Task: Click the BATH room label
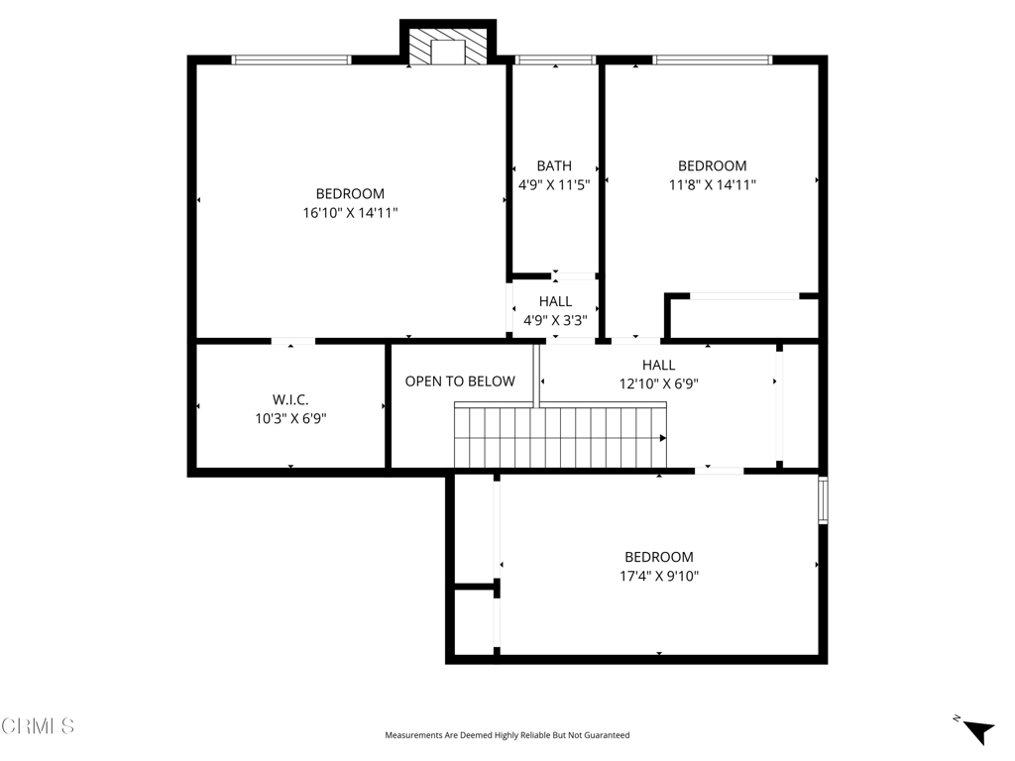(554, 165)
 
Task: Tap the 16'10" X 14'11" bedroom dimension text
(350, 212)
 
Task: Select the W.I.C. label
(290, 399)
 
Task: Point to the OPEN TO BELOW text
(460, 381)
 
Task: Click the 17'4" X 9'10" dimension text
(659, 576)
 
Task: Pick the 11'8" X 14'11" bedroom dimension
(712, 184)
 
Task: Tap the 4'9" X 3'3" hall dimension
(555, 320)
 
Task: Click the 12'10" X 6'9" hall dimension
(659, 383)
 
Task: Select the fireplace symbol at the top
(448, 46)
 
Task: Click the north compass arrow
(977, 731)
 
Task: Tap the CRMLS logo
(38, 726)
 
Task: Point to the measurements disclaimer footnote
(507, 735)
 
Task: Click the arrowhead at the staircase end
(663, 438)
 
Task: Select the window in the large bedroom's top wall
(291, 59)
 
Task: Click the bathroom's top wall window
(555, 59)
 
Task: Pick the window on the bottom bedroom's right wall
(823, 500)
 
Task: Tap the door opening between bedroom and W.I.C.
(292, 341)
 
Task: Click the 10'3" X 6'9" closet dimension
(290, 418)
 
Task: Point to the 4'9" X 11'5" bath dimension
(554, 185)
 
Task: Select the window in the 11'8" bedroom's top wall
(712, 59)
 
